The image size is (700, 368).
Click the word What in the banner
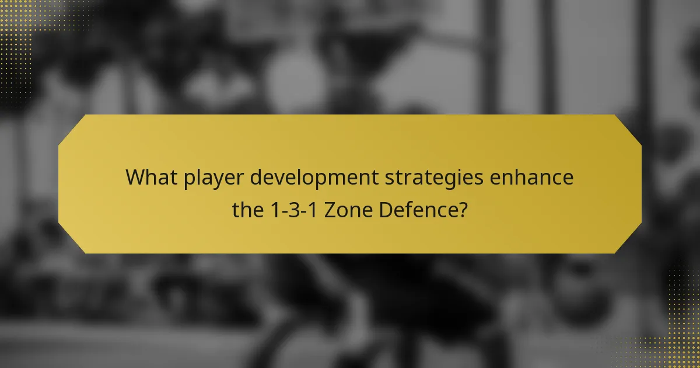(x=149, y=177)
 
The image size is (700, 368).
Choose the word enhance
(x=531, y=177)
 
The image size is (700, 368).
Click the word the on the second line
(x=247, y=209)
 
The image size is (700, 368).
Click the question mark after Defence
(x=462, y=209)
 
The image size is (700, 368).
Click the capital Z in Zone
(x=330, y=209)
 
